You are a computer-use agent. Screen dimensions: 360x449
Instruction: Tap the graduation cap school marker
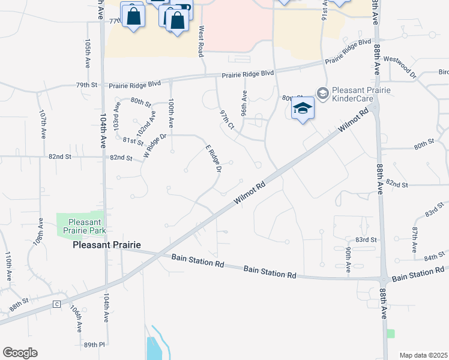[303, 108]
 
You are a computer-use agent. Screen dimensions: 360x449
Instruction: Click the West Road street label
[201, 40]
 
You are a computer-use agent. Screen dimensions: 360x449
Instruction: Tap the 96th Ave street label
[244, 103]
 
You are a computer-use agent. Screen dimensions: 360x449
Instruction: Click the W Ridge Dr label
[154, 146]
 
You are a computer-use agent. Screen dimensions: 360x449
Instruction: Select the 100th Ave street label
[171, 113]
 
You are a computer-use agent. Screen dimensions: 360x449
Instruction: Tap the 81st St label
[133, 142]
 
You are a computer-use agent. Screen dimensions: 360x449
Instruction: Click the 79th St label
[86, 85]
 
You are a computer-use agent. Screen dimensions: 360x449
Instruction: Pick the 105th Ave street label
[88, 53]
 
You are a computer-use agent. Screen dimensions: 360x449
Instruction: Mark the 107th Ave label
[43, 124]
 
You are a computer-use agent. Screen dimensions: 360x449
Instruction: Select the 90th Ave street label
[348, 259]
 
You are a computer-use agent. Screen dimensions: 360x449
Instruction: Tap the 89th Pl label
[94, 345]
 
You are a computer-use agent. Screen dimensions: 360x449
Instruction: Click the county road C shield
[57, 304]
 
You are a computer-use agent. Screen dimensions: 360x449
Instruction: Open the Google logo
[20, 353]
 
